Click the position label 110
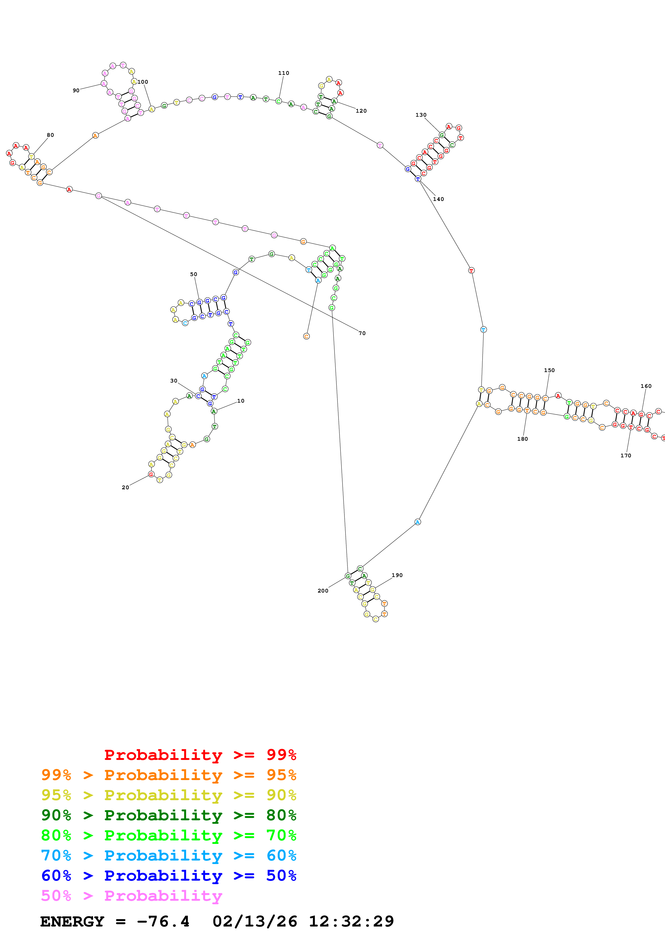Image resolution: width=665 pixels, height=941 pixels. (x=284, y=73)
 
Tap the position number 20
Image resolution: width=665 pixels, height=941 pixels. (x=125, y=487)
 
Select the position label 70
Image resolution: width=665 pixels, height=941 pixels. (x=362, y=333)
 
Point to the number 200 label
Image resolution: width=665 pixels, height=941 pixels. (x=323, y=591)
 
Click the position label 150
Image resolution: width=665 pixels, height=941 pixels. (x=549, y=370)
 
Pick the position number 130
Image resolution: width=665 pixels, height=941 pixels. (x=421, y=115)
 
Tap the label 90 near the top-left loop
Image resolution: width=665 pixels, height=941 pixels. (x=76, y=91)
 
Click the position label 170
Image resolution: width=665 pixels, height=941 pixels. (x=626, y=455)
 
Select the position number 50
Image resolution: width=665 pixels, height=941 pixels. (x=193, y=274)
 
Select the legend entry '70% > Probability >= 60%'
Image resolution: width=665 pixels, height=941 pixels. (x=169, y=855)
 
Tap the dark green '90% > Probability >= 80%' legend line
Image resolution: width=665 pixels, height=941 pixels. (x=169, y=815)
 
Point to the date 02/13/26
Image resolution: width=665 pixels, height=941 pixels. (x=255, y=921)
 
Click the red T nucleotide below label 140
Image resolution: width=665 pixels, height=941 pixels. (x=471, y=270)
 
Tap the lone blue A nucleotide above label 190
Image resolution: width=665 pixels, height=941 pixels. (x=417, y=522)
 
